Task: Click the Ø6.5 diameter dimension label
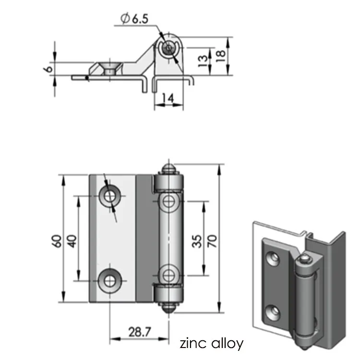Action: pos(135,19)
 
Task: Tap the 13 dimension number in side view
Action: pos(203,61)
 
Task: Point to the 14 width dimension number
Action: pos(168,98)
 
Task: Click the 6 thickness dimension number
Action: pos(48,69)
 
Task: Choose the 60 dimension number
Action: pos(57,241)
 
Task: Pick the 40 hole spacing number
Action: pos(72,241)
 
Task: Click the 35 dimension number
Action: pos(197,241)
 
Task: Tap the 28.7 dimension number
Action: pos(140,332)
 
